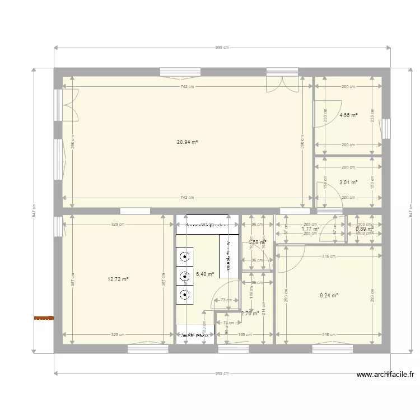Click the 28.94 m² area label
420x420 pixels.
(187, 142)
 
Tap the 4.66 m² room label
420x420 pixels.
(348, 115)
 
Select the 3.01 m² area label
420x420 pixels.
(348, 182)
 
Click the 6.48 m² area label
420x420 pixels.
(205, 274)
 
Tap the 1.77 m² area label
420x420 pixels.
(310, 228)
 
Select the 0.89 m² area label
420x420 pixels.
(365, 228)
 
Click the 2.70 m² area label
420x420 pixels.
(250, 314)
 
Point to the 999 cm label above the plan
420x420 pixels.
(222, 48)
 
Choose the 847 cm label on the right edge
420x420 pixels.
(411, 211)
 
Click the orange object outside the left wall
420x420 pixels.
(44, 318)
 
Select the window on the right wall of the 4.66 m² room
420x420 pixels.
(386, 128)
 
